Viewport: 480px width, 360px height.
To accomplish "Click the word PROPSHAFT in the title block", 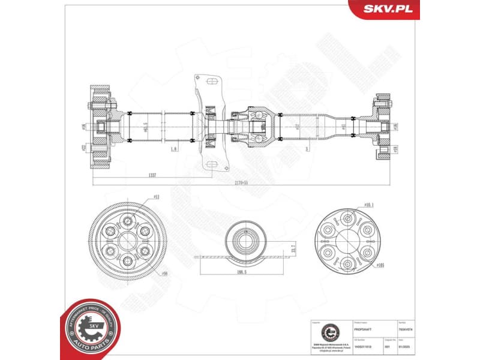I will pos(364,329).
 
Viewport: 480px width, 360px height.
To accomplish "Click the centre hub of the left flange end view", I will pos(127,241).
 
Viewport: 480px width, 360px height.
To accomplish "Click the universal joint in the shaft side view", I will pos(257,127).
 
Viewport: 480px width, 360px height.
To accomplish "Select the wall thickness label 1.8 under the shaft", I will pos(173,148).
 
